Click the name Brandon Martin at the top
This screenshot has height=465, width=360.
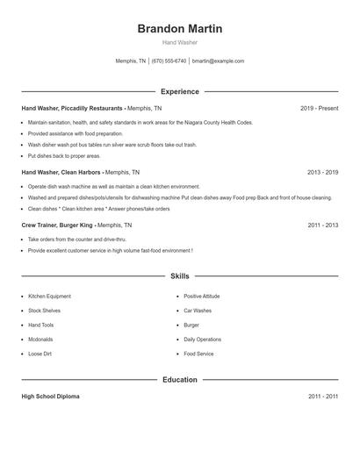pos(179,29)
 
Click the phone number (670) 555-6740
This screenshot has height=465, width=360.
pos(169,61)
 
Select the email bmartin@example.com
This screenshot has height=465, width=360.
pos(218,61)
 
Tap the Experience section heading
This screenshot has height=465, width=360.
pos(179,91)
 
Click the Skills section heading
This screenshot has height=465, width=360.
pos(179,276)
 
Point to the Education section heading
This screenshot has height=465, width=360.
pos(179,380)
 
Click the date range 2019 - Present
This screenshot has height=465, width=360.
pos(319,108)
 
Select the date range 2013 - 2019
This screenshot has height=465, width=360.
pos(322,173)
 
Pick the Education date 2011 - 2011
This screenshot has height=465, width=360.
pos(322,397)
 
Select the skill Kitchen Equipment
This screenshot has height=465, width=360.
pos(49,297)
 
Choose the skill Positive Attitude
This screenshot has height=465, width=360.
pos(202,297)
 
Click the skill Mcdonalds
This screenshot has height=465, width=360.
pos(40,340)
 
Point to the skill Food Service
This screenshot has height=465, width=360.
pos(198,354)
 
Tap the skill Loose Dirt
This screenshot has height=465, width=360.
pos(40,354)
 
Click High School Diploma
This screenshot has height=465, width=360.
pos(50,397)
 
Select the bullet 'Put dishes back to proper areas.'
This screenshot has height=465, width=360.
pos(64,155)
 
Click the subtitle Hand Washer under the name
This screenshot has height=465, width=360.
pos(179,42)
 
